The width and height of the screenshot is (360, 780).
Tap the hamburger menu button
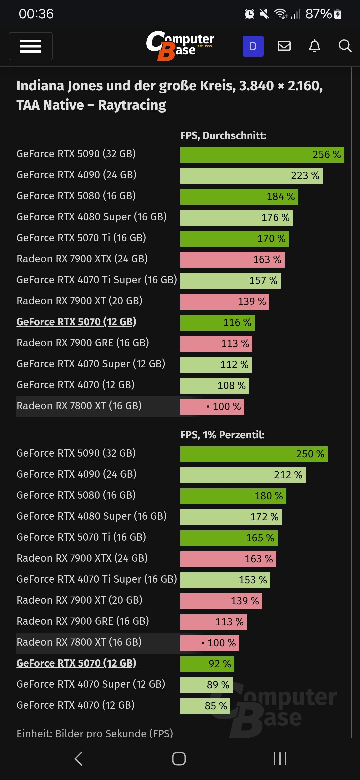31,46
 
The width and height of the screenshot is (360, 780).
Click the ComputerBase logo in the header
180,46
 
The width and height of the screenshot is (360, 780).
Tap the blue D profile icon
253,46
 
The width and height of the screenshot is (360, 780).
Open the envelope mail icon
284,46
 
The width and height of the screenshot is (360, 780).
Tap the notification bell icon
315,46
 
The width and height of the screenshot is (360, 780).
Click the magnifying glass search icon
345,46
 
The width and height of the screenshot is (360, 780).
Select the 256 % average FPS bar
262,155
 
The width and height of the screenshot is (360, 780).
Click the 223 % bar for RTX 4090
251,176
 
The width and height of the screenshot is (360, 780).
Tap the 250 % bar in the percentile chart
254,454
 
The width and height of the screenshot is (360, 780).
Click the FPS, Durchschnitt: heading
223,136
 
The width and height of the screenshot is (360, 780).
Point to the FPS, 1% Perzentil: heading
222,435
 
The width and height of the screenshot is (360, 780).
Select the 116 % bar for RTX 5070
217,323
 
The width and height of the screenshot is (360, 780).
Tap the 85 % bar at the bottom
205,706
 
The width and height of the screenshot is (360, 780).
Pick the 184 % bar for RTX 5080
239,197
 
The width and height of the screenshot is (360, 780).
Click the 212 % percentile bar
243,475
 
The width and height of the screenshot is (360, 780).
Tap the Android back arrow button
79,759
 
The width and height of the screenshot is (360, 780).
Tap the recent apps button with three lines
280,759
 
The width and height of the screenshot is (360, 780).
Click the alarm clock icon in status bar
249,14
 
